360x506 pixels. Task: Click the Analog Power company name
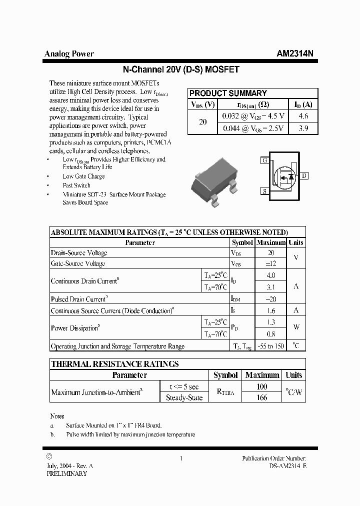click(69, 54)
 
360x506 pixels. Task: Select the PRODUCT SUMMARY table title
click(228, 93)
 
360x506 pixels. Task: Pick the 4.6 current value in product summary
click(303, 116)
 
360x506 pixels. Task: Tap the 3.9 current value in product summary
click(303, 128)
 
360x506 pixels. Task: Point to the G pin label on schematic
click(264, 160)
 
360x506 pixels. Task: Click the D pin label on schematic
click(304, 175)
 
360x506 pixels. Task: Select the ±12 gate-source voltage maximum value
click(270, 263)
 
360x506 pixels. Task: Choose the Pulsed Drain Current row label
click(79, 299)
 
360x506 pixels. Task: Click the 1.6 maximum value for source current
click(270, 310)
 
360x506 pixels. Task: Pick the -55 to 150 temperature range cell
click(270, 346)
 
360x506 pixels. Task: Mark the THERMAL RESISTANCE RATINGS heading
click(115, 364)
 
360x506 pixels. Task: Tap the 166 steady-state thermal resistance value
click(261, 397)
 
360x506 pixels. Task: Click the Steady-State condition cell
click(184, 397)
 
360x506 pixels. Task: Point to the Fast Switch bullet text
click(76, 185)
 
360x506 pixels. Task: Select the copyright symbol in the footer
click(48, 456)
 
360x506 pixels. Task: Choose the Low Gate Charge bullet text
click(83, 176)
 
